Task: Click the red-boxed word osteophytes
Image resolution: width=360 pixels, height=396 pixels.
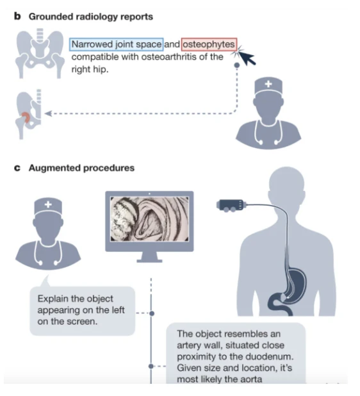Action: click(x=209, y=44)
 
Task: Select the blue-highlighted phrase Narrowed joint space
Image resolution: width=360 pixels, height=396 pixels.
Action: click(x=117, y=44)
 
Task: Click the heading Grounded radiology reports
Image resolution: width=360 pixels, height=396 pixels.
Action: click(x=91, y=17)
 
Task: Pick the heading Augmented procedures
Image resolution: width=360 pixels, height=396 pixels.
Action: click(x=81, y=168)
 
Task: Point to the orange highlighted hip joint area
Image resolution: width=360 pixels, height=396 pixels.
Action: click(x=26, y=117)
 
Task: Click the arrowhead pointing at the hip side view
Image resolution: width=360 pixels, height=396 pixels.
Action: click(x=48, y=113)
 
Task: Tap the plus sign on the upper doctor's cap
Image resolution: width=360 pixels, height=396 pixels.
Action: click(x=268, y=84)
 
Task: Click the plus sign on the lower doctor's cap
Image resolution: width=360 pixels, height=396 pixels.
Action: click(x=48, y=204)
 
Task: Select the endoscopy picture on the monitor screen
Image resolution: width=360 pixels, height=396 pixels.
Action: click(x=149, y=219)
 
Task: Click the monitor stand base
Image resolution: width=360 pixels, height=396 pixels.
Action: click(x=149, y=260)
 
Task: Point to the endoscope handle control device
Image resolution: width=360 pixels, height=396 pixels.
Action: click(x=231, y=205)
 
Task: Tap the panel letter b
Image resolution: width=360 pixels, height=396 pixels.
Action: click(x=17, y=16)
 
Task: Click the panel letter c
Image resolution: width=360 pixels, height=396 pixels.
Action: click(x=17, y=168)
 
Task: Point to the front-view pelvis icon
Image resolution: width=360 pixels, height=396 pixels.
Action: click(x=40, y=54)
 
